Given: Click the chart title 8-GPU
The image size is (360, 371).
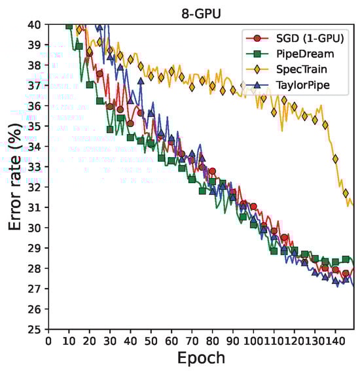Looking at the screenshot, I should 200,11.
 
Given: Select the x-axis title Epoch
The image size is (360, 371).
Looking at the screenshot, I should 200,358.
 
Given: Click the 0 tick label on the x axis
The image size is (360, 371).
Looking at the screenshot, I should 48,340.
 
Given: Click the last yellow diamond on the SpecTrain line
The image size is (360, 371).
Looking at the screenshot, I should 346,193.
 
